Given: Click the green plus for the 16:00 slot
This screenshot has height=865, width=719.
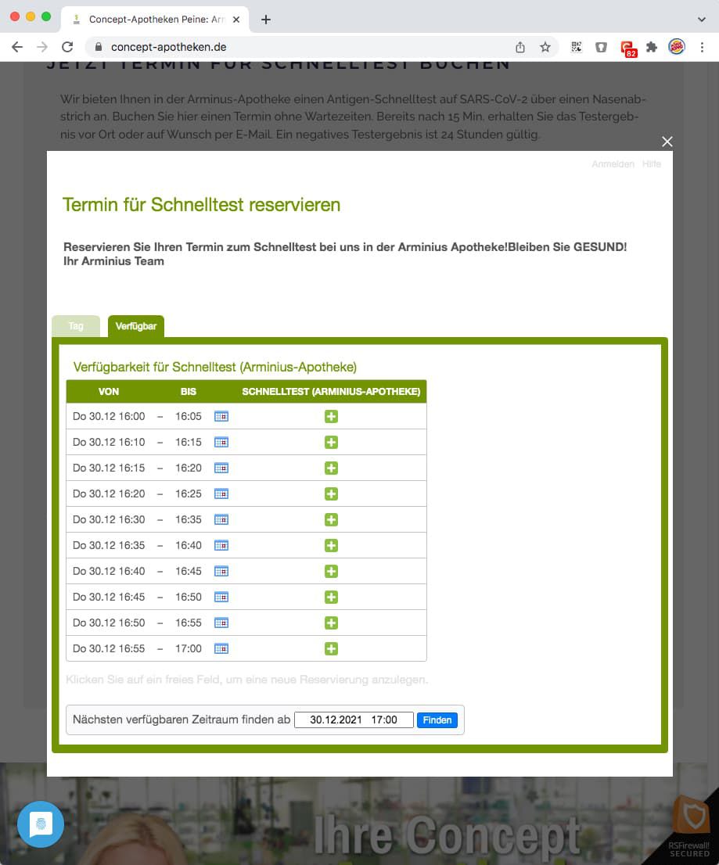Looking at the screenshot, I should (x=331, y=417).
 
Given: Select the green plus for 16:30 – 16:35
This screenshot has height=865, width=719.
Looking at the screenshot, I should (x=331, y=520).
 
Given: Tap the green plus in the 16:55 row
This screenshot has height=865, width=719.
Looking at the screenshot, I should (x=331, y=649).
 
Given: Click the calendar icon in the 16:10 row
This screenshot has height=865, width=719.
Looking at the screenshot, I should (x=221, y=443).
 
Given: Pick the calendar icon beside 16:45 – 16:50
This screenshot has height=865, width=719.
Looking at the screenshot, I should (x=221, y=598).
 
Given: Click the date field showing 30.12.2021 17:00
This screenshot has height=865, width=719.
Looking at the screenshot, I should (x=354, y=720).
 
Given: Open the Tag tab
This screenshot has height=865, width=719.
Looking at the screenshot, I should (x=76, y=326).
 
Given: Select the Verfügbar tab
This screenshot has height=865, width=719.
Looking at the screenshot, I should (x=136, y=326).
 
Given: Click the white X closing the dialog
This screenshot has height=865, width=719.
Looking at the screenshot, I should (x=667, y=142).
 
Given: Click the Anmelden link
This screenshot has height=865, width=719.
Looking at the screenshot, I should (x=613, y=164).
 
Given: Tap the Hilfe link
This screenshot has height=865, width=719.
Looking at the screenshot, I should (x=652, y=164).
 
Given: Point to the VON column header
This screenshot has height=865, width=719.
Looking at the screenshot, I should (x=109, y=391).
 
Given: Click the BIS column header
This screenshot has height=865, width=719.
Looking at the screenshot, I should (x=189, y=391).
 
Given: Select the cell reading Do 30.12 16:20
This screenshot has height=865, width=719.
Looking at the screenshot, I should (x=109, y=494).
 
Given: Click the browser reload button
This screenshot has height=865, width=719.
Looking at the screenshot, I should (x=67, y=47).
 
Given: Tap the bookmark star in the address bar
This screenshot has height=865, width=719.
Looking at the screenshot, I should (x=545, y=47).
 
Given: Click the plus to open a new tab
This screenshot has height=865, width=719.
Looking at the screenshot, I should (x=266, y=20).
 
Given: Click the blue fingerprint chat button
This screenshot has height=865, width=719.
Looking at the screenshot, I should (x=41, y=824).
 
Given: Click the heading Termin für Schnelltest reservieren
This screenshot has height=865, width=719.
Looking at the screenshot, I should (x=201, y=205).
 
